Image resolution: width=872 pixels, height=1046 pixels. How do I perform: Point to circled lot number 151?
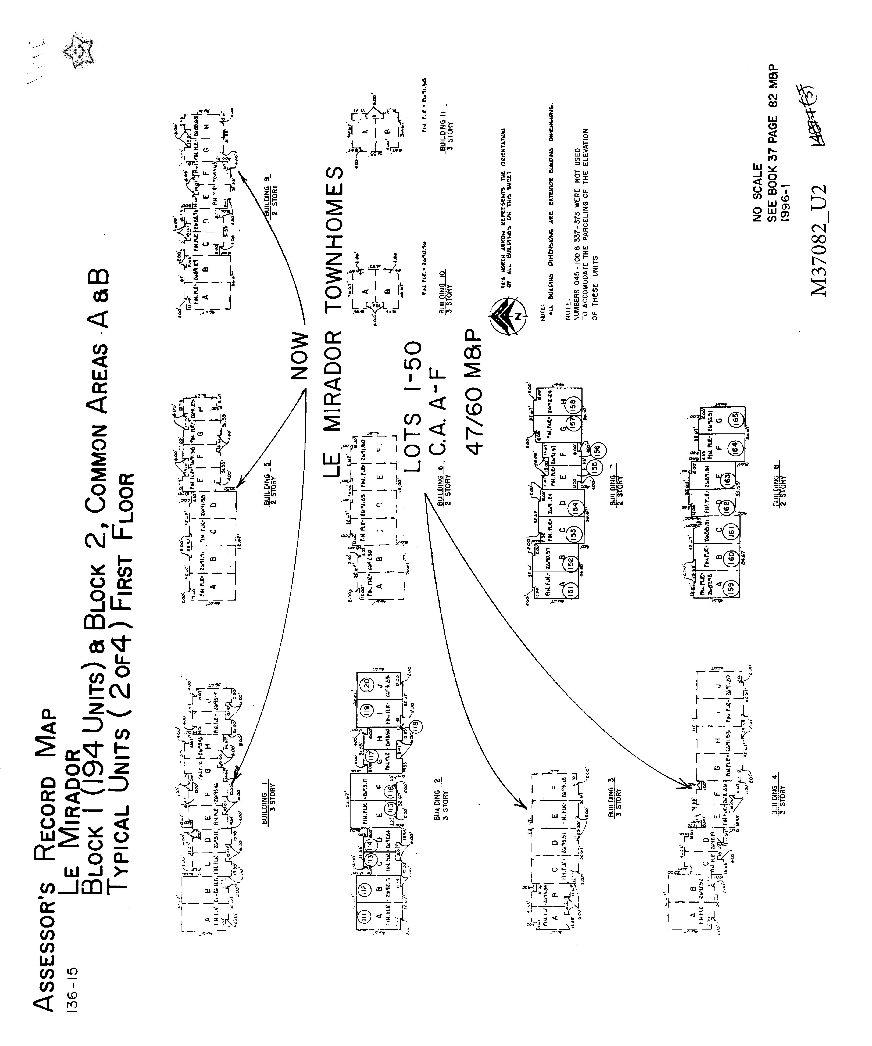click(570, 589)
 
